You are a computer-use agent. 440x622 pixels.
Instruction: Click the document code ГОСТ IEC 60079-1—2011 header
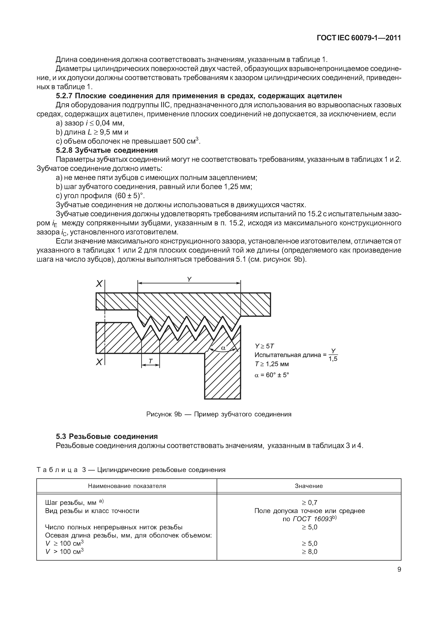click(359, 38)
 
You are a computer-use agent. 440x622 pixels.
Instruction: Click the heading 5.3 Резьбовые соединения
click(107, 436)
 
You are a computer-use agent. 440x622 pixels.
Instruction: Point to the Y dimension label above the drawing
click(189, 279)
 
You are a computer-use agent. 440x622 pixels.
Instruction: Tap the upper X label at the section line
click(99, 284)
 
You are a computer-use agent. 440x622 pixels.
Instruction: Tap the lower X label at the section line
click(99, 362)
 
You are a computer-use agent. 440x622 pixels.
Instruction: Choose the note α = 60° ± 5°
click(272, 375)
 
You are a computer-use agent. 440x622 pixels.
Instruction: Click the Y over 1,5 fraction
click(333, 355)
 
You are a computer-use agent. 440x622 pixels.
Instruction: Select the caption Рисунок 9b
click(219, 414)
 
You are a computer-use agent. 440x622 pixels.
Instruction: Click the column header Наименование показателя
click(127, 486)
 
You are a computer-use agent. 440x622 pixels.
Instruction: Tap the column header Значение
click(309, 486)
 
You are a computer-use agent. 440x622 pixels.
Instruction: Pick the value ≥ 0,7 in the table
click(309, 503)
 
